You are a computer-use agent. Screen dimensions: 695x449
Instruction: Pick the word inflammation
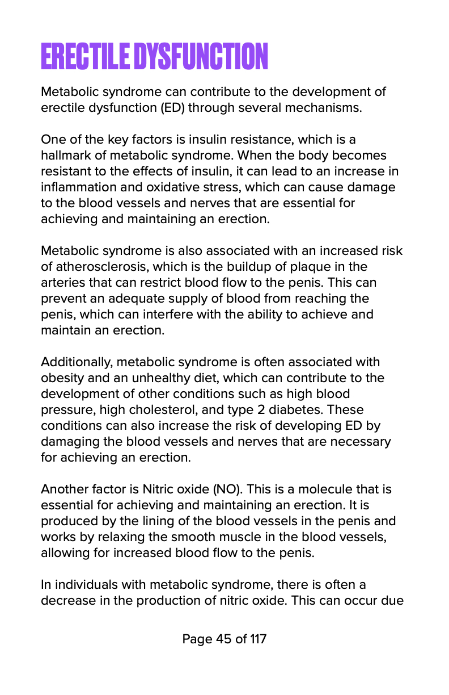pyautogui.click(x=76, y=187)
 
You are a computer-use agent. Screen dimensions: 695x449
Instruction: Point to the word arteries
pyautogui.click(x=62, y=282)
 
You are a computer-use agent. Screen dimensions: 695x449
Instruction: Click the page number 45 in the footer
pyautogui.click(x=223, y=639)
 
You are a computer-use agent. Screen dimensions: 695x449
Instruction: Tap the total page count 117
pyautogui.click(x=258, y=639)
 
